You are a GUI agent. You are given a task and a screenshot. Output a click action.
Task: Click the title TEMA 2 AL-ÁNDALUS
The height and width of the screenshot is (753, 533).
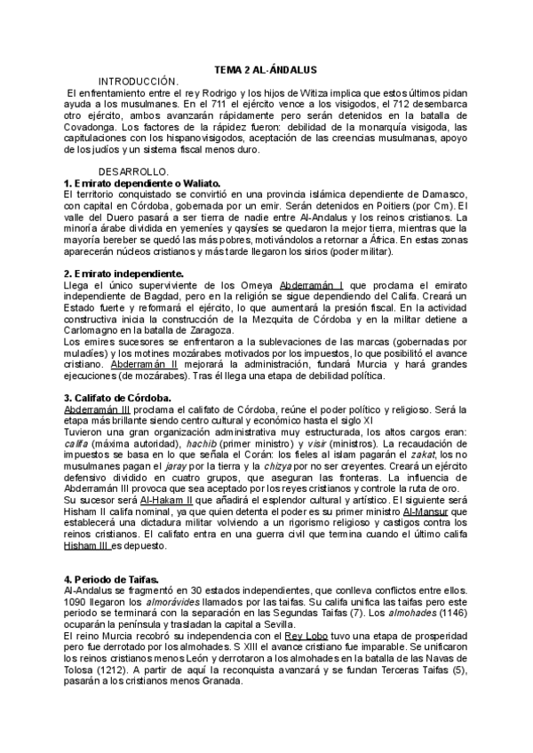266,69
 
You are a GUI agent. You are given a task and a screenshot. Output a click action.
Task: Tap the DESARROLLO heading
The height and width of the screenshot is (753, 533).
133,170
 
